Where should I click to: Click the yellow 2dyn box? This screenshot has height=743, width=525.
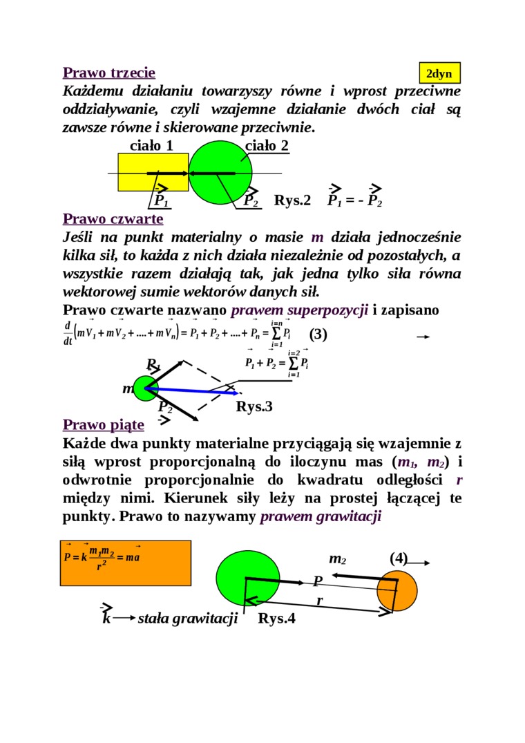coord(439,73)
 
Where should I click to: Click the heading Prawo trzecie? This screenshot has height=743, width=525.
coord(109,73)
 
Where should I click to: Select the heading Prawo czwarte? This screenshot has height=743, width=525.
coord(113,219)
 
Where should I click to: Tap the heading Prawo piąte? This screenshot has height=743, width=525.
coord(104,424)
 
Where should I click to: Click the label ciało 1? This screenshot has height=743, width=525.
coord(151,145)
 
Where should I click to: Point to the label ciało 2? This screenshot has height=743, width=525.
coord(267,145)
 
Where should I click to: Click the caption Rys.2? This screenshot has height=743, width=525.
coord(292,200)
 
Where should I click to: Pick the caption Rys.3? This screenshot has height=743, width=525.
coord(254,406)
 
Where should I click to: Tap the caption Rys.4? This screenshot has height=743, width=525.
coord(276,619)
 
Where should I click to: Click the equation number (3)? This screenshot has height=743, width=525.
coord(318,335)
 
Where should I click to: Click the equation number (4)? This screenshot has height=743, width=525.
coord(399,558)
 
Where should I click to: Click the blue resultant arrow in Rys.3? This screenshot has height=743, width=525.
coord(193,391)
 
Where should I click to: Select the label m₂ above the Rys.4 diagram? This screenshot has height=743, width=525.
coord(337,558)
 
